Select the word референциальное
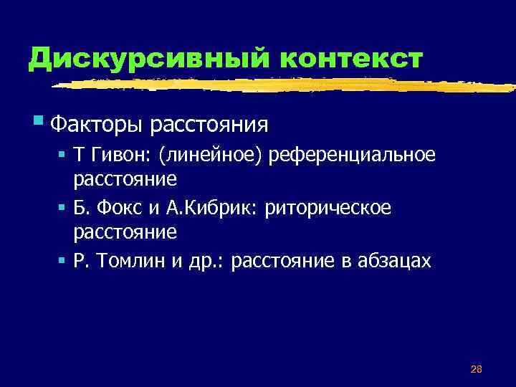(352, 156)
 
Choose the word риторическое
(328, 209)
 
